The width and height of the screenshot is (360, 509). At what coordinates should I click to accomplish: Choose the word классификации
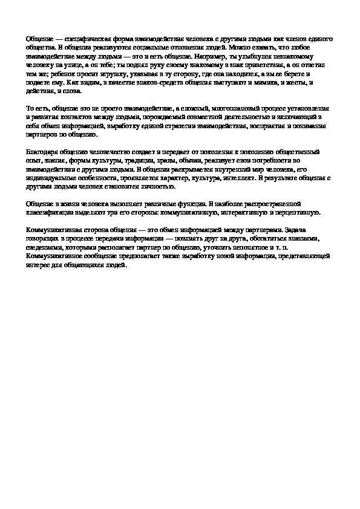point(54,213)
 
